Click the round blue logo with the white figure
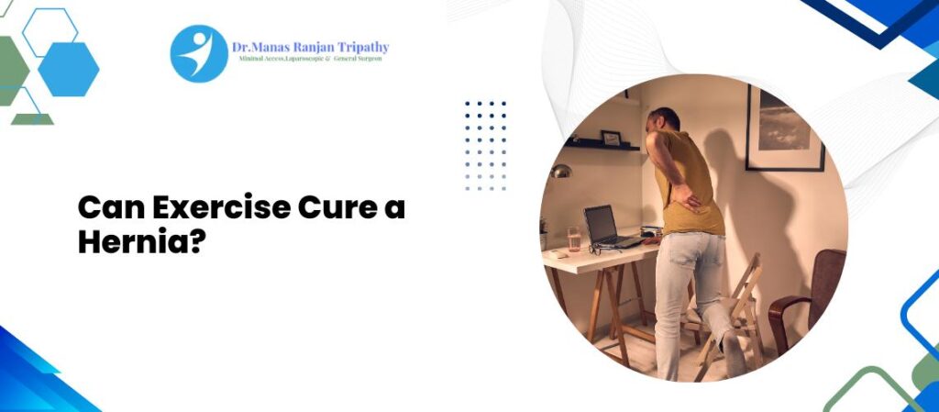pos(199,53)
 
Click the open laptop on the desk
pos(602,227)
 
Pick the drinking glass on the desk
pos(573,239)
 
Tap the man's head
pos(664,121)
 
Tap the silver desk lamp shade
pos(561,171)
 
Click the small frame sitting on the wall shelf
pos(611,138)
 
